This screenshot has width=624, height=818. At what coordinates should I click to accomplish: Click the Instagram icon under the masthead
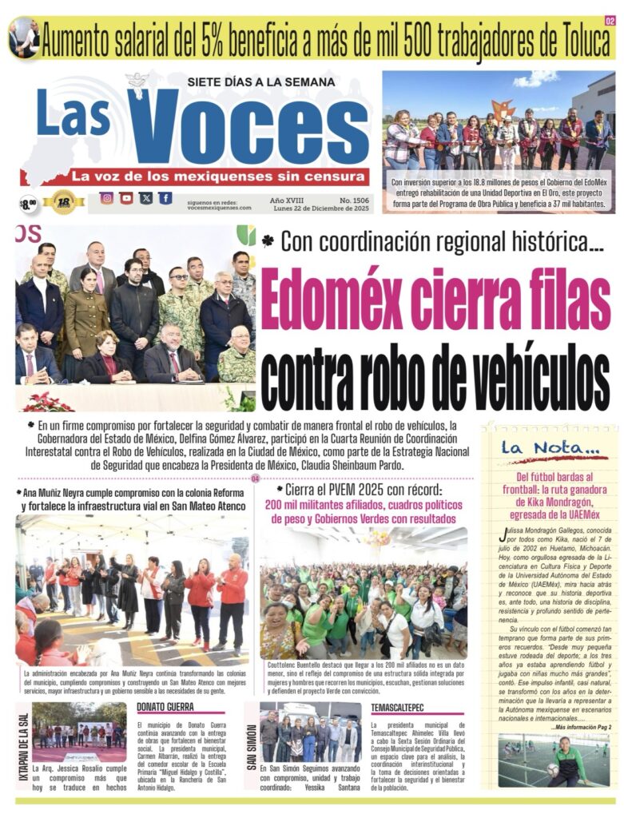pos(106,198)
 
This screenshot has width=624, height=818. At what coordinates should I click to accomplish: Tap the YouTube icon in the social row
pos(126,198)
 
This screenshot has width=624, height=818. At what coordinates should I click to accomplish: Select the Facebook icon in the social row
pos(165,198)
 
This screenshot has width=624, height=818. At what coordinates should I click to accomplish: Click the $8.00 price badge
pos(28,204)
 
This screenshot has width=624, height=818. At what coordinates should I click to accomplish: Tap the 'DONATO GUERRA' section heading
pos(165,707)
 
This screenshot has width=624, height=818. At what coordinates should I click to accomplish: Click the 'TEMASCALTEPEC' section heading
pos(398,707)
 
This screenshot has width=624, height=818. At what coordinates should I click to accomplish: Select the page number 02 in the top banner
pos(610,22)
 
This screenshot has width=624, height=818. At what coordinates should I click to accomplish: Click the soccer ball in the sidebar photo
pos(553,770)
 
